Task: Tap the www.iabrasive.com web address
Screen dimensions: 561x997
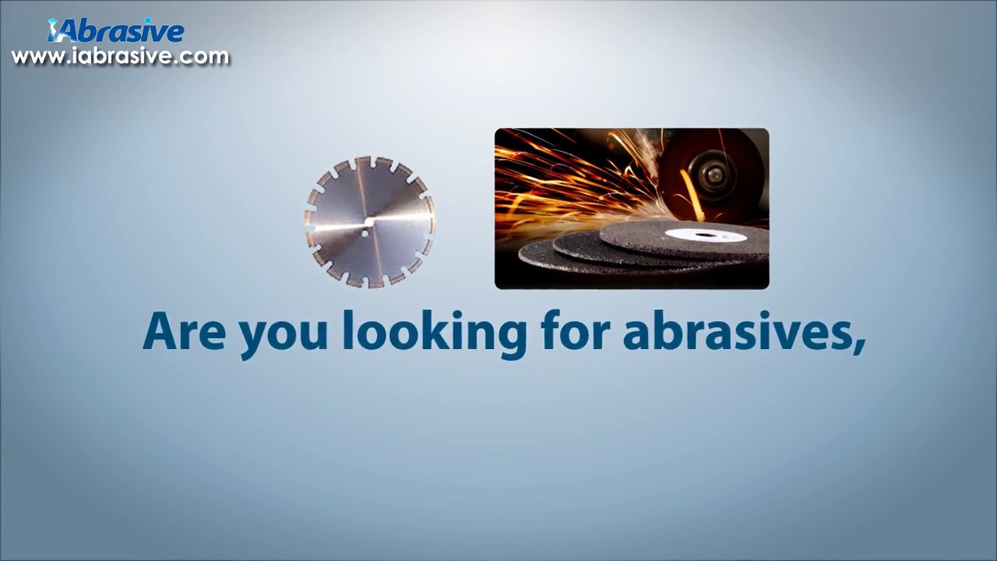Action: [120, 57]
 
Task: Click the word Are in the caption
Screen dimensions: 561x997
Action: [184, 331]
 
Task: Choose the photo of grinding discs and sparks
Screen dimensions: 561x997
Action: [632, 209]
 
